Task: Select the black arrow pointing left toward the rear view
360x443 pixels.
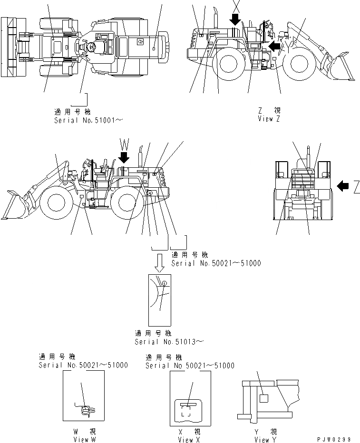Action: (x=343, y=187)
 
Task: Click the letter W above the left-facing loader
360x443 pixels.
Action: (x=124, y=143)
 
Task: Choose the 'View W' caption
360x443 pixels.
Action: (x=84, y=440)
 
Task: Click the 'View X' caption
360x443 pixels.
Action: (x=189, y=440)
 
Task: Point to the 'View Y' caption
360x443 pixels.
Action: (x=266, y=440)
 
